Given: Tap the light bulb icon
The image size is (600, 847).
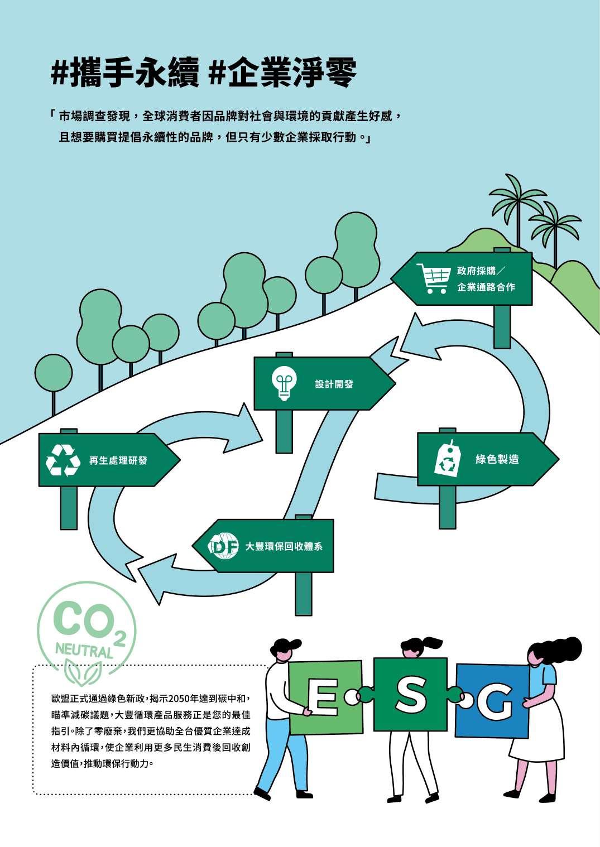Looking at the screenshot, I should pyautogui.click(x=285, y=383).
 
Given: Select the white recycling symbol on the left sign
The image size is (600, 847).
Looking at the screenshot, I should pyautogui.click(x=63, y=460).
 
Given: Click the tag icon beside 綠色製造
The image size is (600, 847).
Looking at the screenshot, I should pyautogui.click(x=448, y=460).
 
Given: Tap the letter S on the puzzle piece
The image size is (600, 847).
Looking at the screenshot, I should pyautogui.click(x=411, y=696).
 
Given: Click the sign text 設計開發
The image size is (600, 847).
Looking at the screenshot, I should pyautogui.click(x=334, y=384).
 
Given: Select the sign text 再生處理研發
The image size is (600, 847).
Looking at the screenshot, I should pyautogui.click(x=118, y=461).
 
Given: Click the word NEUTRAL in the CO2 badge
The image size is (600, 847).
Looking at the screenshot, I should pyautogui.click(x=84, y=649).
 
